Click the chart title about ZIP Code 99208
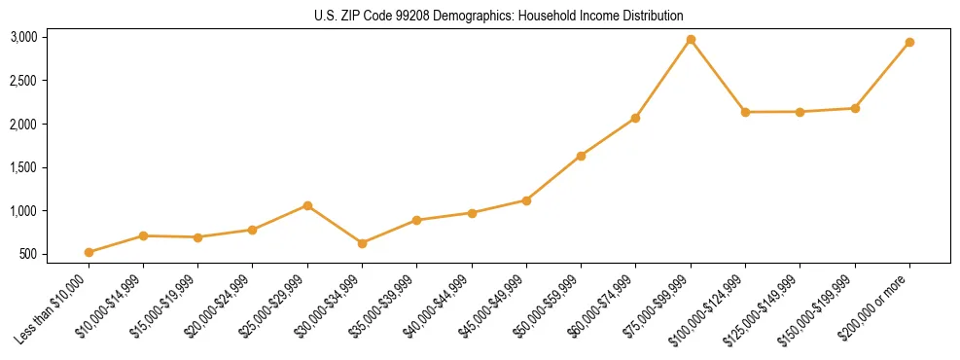coord(499,16)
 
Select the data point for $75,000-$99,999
coord(691,40)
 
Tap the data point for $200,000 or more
coord(909,43)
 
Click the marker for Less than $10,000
coord(89,252)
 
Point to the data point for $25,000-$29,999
coord(307,205)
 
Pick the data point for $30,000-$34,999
coord(362,243)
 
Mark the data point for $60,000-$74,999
coord(635,118)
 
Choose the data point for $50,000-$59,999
coord(581,156)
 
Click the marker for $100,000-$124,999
coord(745,112)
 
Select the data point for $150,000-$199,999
coord(855,108)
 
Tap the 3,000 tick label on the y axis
coord(23,37)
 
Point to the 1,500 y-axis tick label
coord(23,167)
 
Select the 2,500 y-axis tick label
coord(23,81)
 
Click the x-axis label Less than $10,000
coord(56,309)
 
